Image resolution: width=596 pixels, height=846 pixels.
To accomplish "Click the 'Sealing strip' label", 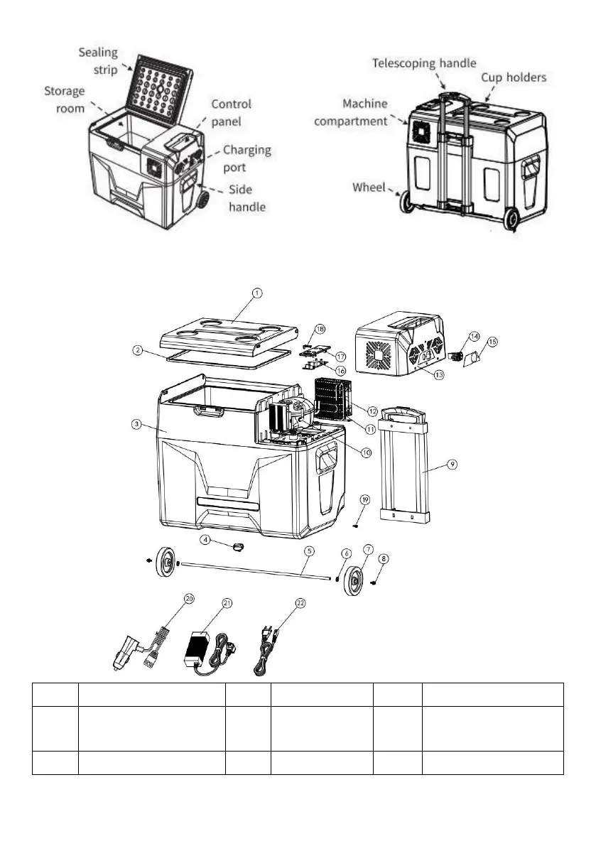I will [x=99, y=61].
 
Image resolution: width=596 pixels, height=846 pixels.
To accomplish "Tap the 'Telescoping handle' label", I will [x=424, y=63].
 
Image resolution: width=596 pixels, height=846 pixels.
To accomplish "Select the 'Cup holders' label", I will [x=514, y=77].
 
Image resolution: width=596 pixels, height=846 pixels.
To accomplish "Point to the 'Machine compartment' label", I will [x=351, y=113].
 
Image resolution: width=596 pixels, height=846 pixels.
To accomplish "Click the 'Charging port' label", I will [x=246, y=158].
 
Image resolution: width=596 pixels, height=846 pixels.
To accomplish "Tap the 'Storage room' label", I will [x=65, y=99].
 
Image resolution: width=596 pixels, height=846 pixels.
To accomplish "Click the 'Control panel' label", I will [x=232, y=112].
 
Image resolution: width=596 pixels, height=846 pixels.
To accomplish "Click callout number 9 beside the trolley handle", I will [x=452, y=464].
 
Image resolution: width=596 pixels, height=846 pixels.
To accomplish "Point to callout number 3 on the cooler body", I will [x=134, y=424].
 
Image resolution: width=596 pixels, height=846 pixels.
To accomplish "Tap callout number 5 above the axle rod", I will [x=309, y=551].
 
